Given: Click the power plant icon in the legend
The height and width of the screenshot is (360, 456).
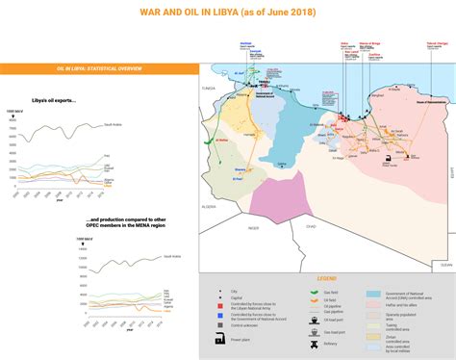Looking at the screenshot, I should click(x=222, y=340).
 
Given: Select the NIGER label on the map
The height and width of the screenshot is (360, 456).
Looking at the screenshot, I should click(x=254, y=227).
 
